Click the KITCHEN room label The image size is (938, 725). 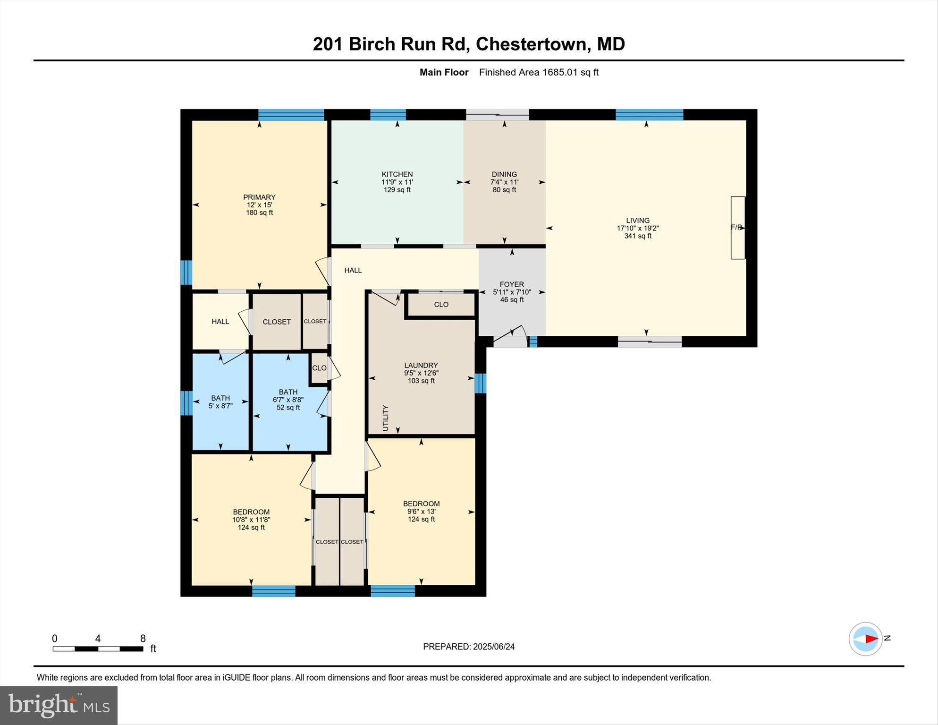(x=397, y=174)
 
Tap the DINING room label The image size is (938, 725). (x=504, y=174)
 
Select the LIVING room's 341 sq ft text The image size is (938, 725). (x=638, y=236)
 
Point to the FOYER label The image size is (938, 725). (x=512, y=284)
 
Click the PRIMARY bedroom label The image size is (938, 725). (x=259, y=197)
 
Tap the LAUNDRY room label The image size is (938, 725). (x=421, y=365)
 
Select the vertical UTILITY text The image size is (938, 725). (x=385, y=418)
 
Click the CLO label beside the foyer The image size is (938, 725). (x=441, y=305)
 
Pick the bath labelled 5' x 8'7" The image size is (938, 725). (x=220, y=402)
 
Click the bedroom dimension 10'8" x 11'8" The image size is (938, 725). (x=251, y=520)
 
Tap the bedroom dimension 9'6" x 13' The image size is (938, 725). (x=421, y=512)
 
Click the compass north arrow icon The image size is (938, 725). (x=866, y=639)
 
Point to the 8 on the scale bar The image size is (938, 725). (x=143, y=639)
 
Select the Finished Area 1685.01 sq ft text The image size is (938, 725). (x=539, y=72)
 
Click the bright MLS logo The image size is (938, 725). (x=59, y=706)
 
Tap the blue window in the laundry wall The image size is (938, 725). (x=481, y=383)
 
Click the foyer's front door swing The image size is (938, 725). (x=510, y=334)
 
